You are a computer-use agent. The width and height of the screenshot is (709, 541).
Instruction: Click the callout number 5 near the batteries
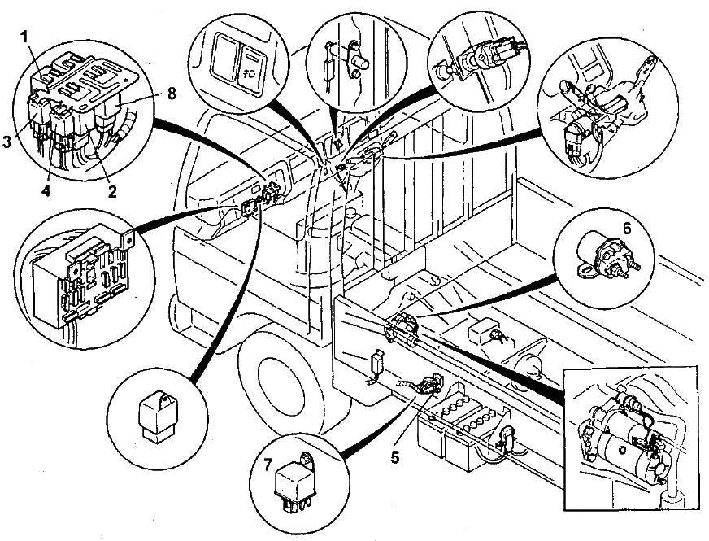point(396,456)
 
